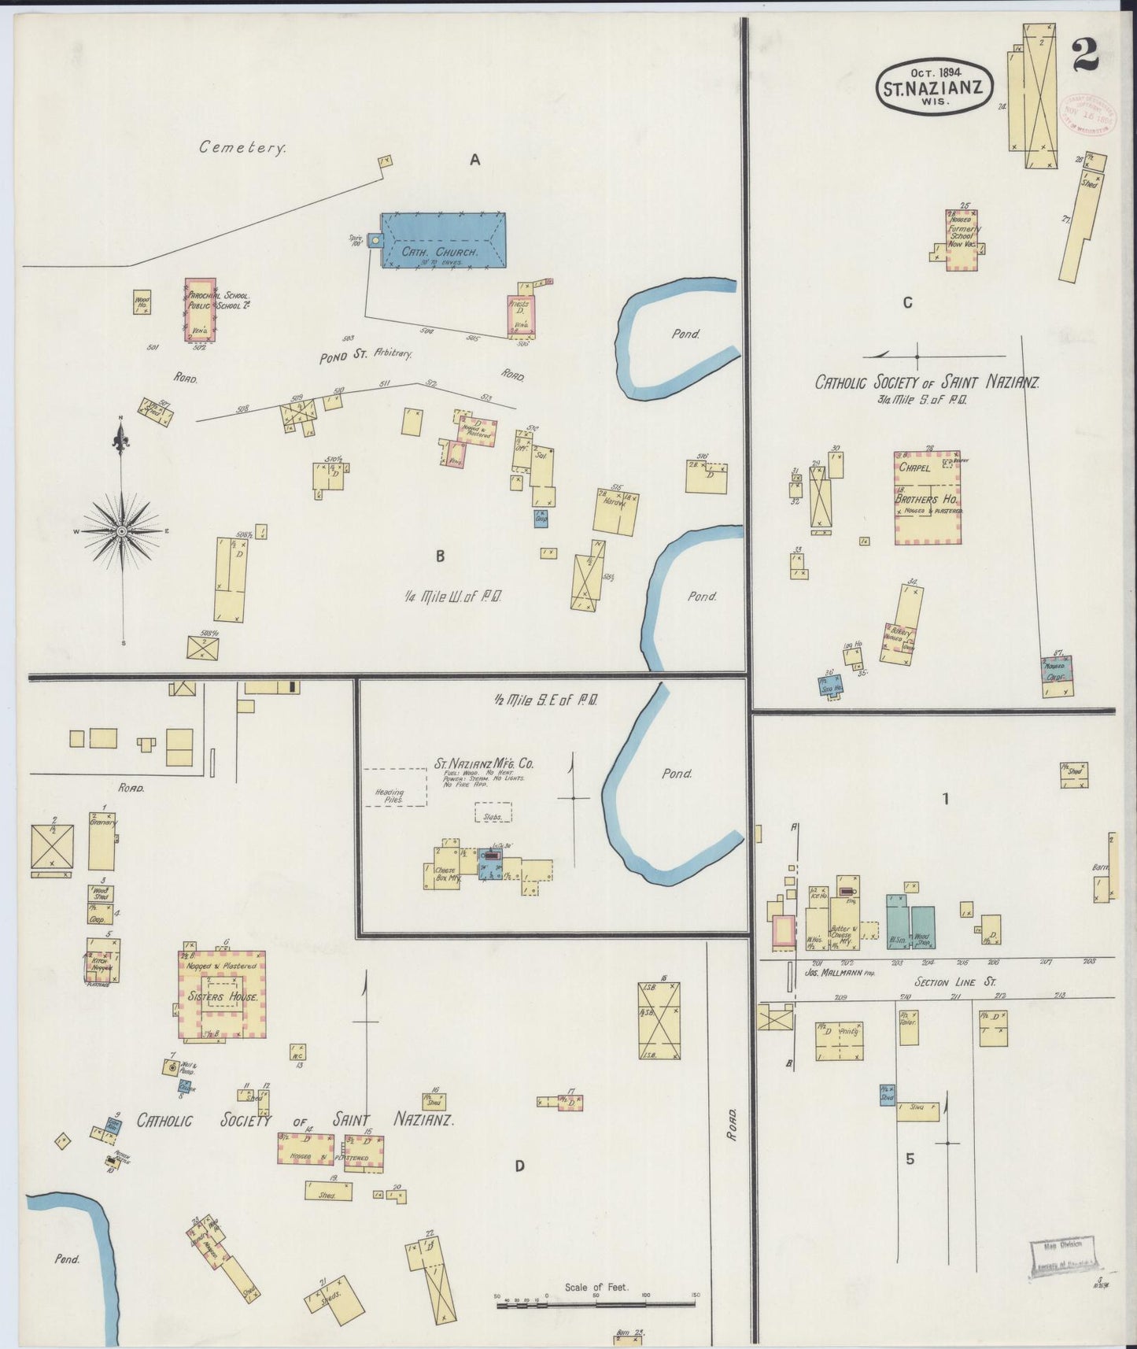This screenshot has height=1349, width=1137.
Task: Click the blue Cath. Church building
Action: (443, 240)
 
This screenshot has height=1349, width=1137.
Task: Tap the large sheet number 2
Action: (1084, 56)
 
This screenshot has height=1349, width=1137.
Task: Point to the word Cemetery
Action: (242, 146)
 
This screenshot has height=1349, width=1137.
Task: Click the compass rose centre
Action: (122, 532)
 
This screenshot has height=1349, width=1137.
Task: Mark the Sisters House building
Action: (221, 995)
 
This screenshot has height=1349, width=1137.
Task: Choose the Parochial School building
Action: (200, 309)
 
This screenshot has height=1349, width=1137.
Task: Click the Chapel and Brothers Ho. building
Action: (927, 497)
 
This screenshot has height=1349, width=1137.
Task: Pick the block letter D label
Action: (519, 1166)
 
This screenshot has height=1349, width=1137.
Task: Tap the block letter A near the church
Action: (474, 160)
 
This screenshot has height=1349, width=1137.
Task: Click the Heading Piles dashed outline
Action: (394, 787)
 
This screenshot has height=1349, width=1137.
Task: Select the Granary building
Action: (102, 841)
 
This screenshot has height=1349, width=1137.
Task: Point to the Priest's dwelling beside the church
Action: (520, 315)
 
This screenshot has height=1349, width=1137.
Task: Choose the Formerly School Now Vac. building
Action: (962, 239)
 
